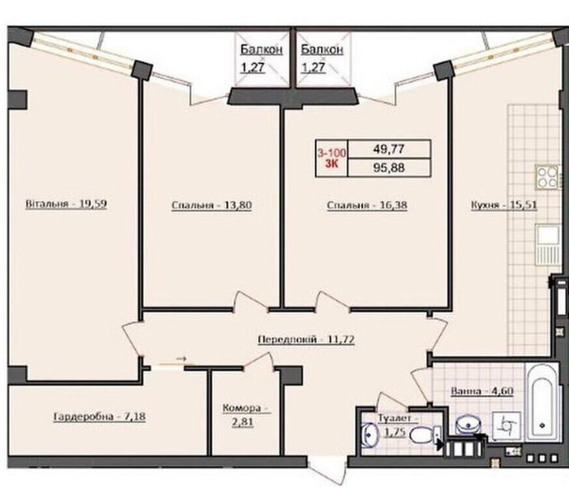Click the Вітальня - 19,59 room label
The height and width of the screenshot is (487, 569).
[66, 204]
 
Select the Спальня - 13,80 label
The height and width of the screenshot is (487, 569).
[212, 205]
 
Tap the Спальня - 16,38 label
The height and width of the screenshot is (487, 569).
[367, 205]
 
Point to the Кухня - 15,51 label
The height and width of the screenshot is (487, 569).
[504, 205]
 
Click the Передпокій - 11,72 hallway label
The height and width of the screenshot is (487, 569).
[306, 340]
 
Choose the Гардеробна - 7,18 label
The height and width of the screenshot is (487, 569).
[100, 417]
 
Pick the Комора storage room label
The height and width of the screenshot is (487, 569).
[242, 408]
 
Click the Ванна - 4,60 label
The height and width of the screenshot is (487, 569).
[482, 392]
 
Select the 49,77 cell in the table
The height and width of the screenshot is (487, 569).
[389, 149]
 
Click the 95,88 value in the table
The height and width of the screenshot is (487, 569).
[389, 168]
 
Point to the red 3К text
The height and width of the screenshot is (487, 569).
[332, 164]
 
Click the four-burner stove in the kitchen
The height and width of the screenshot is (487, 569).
[547, 177]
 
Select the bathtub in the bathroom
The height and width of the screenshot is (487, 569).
[542, 402]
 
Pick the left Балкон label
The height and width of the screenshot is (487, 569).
[261, 50]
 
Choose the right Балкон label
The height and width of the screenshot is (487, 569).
[322, 50]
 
